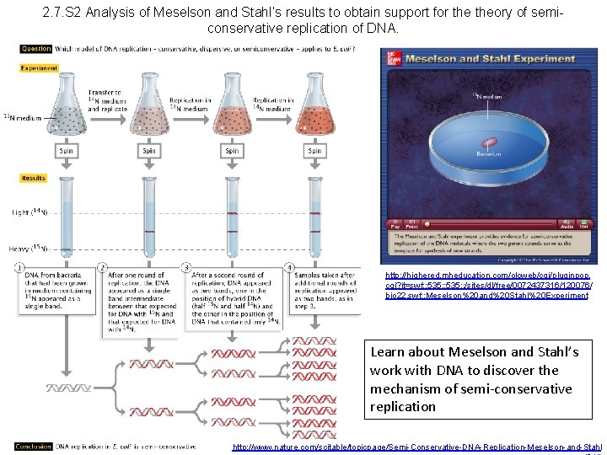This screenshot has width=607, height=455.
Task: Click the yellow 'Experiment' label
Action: (39, 68)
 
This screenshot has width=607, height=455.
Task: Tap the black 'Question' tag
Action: (36, 49)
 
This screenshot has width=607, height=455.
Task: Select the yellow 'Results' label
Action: (34, 179)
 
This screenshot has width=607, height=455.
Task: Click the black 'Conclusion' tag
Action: (33, 447)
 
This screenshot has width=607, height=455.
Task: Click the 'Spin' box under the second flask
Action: (148, 151)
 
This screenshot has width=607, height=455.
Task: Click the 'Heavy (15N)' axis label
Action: (30, 249)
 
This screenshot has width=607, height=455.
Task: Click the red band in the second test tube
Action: (148, 233)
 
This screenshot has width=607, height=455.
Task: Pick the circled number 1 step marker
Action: (19, 268)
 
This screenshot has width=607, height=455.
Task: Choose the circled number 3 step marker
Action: (185, 268)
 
